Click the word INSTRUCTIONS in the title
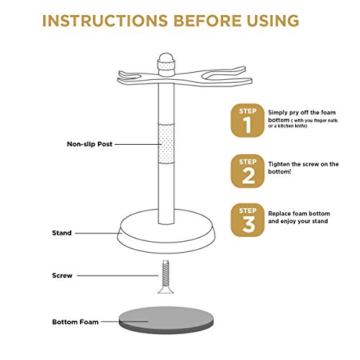pyautogui.click(x=105, y=21)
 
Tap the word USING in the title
pyautogui.click(x=273, y=21)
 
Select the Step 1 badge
pyautogui.click(x=248, y=120)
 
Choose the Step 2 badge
pyautogui.click(x=248, y=171)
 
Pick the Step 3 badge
pyautogui.click(x=248, y=220)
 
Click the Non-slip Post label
pyautogui.click(x=89, y=144)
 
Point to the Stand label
pyautogui.click(x=62, y=233)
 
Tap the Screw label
pyautogui.click(x=62, y=276)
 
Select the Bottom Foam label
pyautogui.click(x=76, y=322)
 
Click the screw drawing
pyautogui.click(x=166, y=277)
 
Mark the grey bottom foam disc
pyautogui.click(x=166, y=320)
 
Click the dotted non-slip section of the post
pyautogui.click(x=166, y=143)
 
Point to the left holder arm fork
pyautogui.click(x=131, y=77)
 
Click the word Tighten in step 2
pyautogui.click(x=279, y=164)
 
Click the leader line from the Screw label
pyautogui.click(x=117, y=276)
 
